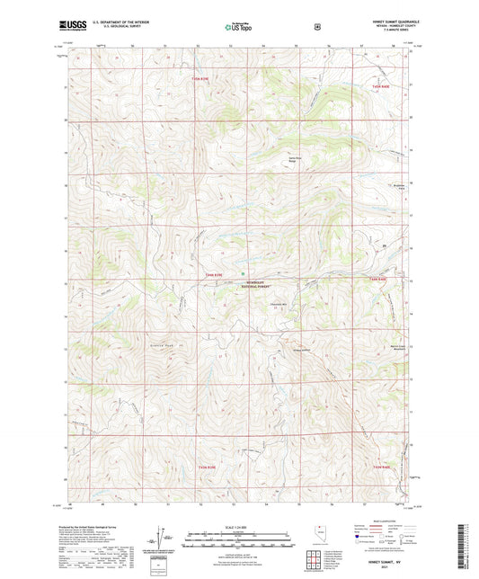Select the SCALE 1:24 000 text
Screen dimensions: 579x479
pyautogui.click(x=239, y=525)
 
